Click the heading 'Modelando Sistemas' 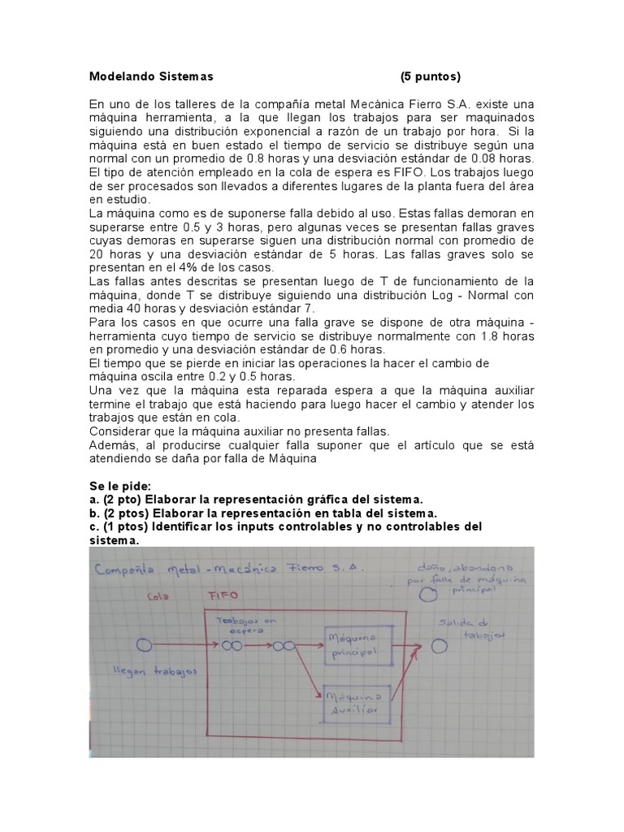150,76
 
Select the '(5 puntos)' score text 430,76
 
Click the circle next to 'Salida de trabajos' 440,646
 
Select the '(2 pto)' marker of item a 122,500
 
